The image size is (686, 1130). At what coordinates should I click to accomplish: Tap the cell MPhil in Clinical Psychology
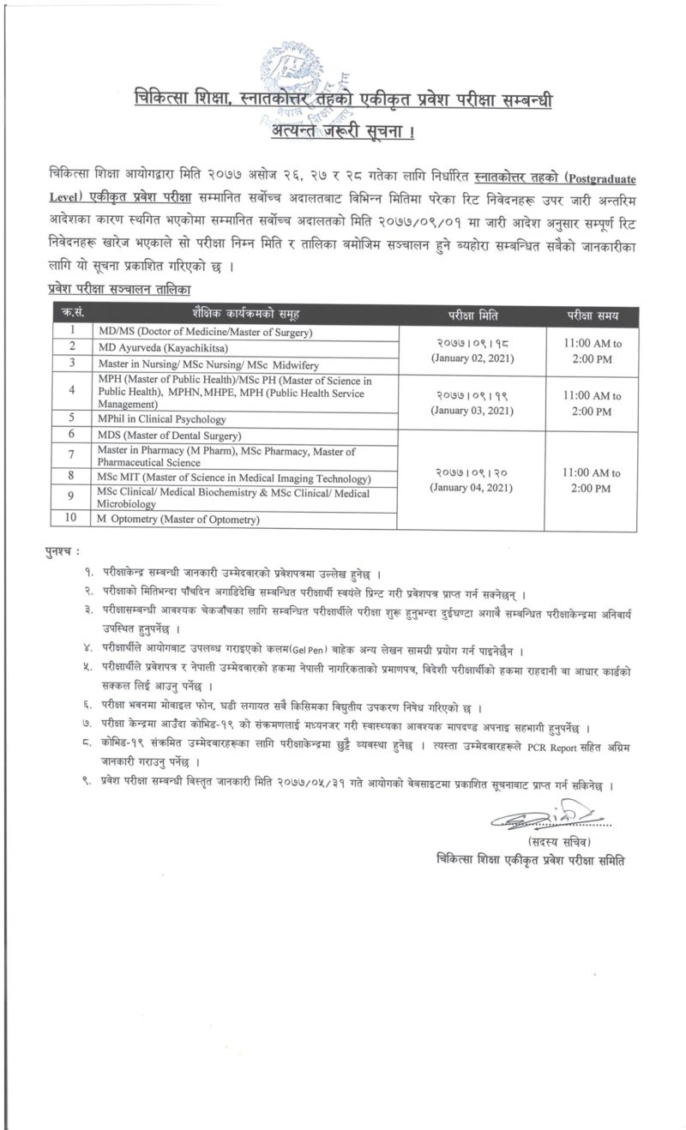161,419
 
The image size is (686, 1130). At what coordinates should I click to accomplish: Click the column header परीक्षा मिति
468,315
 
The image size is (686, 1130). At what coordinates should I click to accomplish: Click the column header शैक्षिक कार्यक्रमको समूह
244,315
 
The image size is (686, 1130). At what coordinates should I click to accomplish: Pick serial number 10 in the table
73,519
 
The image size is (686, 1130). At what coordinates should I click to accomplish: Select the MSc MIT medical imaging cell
222,476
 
